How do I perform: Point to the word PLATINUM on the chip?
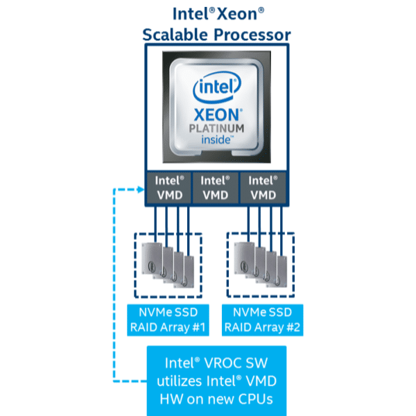(216, 129)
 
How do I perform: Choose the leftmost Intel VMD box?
(168, 187)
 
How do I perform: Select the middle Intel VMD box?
(216, 187)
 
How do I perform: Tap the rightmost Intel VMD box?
(263, 187)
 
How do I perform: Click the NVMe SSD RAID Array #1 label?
(167, 320)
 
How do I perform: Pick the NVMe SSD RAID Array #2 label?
(263, 320)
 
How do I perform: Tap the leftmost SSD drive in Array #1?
(150, 261)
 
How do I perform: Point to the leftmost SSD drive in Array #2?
(244, 261)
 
